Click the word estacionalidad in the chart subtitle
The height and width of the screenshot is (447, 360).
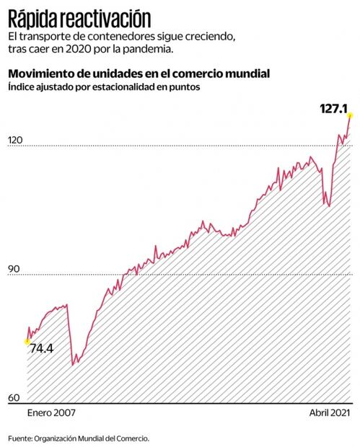click(x=126, y=87)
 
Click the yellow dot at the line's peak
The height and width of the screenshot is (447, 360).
click(x=349, y=115)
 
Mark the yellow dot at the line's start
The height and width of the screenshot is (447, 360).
click(x=27, y=340)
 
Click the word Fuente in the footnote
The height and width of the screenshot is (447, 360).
click(x=20, y=438)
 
